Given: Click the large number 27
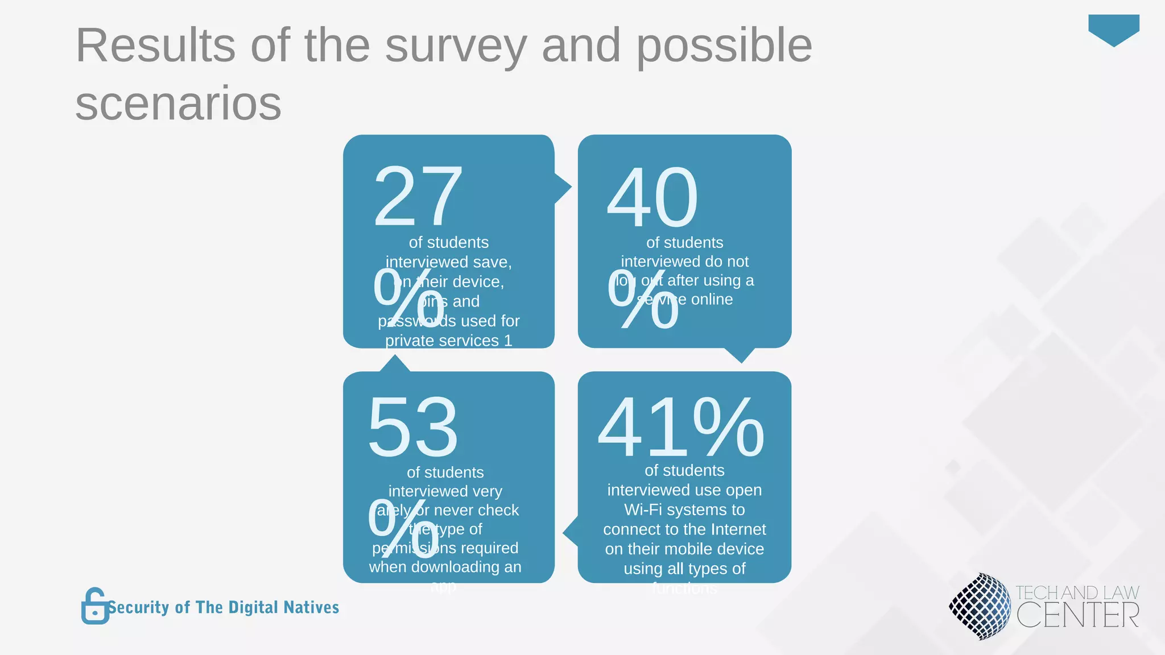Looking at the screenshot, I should [x=418, y=196].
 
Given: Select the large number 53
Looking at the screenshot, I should [x=413, y=427].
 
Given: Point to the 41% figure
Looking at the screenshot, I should [x=681, y=427].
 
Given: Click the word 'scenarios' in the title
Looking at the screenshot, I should [x=178, y=103].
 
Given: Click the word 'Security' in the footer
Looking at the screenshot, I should [x=139, y=607].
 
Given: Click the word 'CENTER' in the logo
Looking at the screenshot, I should [x=1077, y=616].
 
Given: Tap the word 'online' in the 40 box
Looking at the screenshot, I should [x=712, y=299].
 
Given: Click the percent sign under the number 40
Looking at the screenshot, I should [x=643, y=299].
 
